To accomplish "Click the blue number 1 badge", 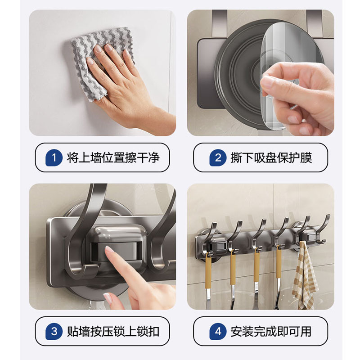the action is (54, 158).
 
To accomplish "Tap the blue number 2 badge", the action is (218, 158).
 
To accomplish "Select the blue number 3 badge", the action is (54, 331).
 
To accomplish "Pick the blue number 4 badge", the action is (218, 331).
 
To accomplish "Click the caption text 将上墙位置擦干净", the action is (113, 158).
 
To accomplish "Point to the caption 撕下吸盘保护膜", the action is (271, 158).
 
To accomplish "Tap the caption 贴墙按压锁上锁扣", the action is (113, 331).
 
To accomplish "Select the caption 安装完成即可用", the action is (271, 331).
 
